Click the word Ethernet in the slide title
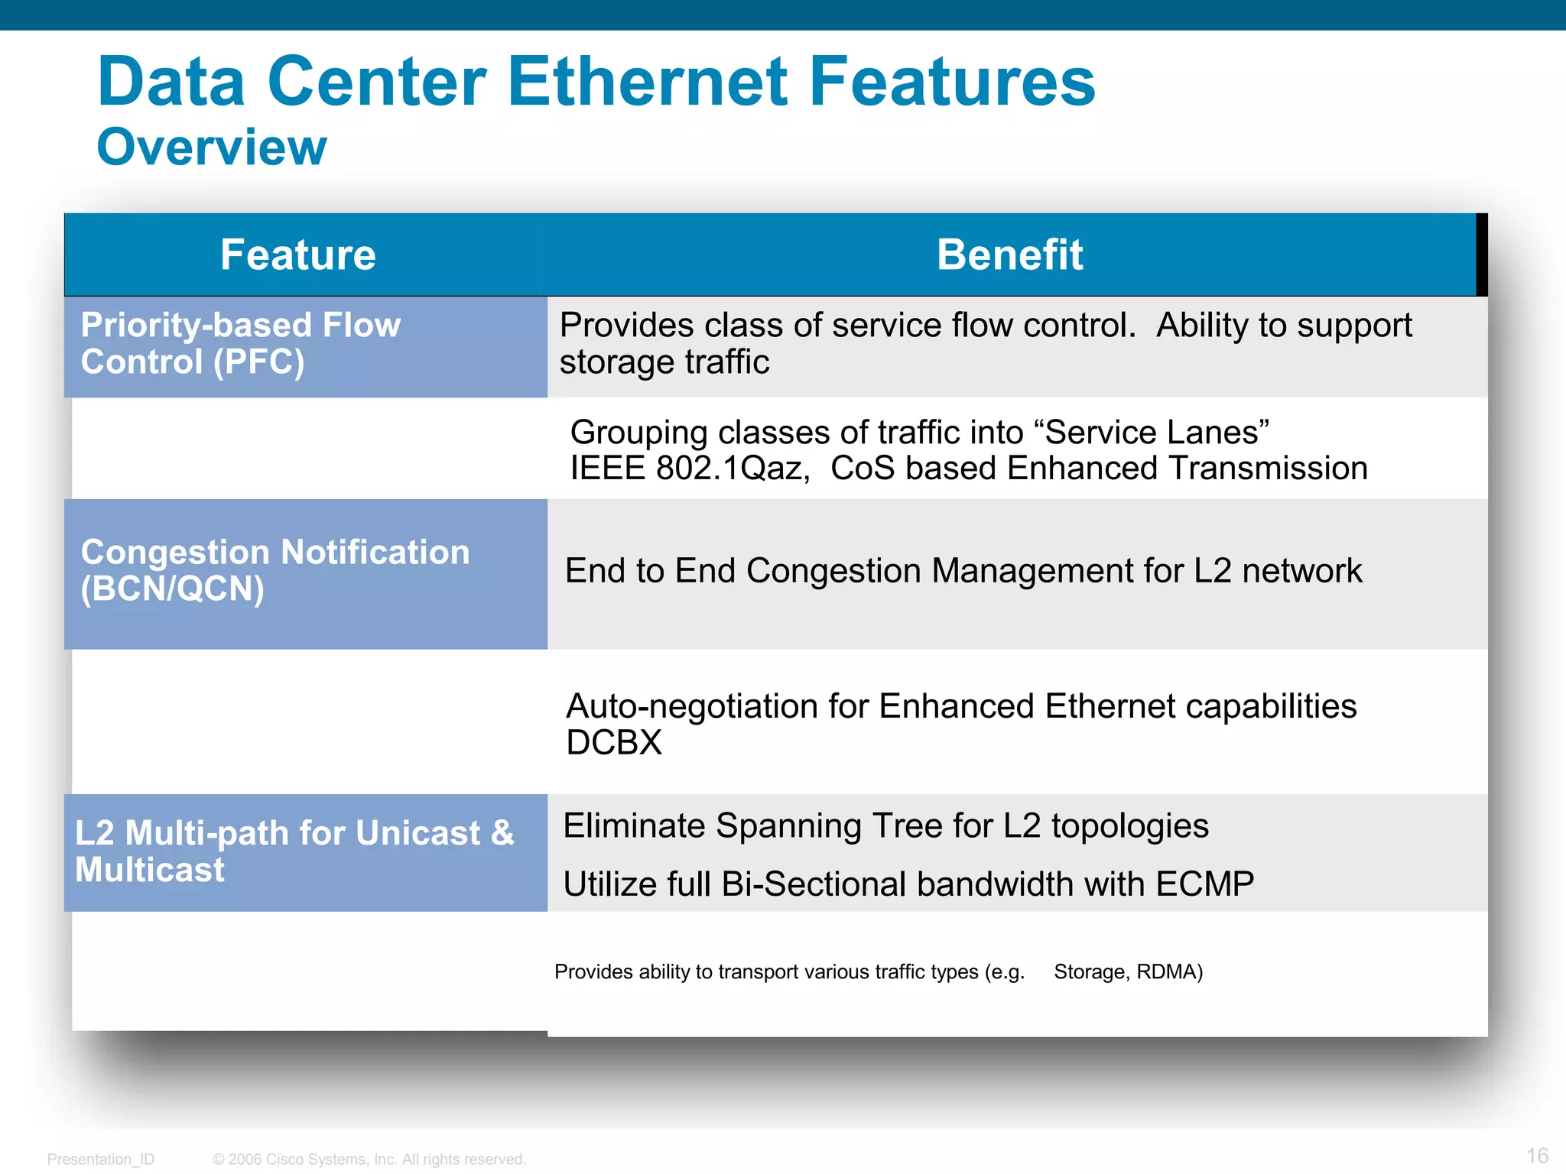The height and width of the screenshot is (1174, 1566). tap(647, 82)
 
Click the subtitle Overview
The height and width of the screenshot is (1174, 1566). tap(212, 147)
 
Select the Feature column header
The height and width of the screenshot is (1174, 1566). tap(298, 255)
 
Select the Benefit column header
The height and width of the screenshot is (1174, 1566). tap(1009, 255)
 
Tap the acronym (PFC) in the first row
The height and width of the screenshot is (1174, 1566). tap(259, 362)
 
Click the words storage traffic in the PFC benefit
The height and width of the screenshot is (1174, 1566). tap(664, 362)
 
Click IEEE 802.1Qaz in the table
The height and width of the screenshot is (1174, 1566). tap(690, 469)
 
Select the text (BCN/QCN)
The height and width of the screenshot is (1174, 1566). tap(173, 589)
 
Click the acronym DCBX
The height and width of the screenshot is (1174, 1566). tap(614, 743)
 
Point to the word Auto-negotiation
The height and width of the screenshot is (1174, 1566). tap(691, 706)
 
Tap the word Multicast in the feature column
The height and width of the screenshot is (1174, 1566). tap(150, 871)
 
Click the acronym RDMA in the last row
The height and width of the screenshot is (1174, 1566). tap(1169, 972)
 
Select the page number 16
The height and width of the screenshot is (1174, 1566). tap(1537, 1156)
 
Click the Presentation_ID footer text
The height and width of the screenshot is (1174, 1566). tap(100, 1159)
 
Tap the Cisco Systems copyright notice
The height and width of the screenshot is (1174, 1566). tap(369, 1159)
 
